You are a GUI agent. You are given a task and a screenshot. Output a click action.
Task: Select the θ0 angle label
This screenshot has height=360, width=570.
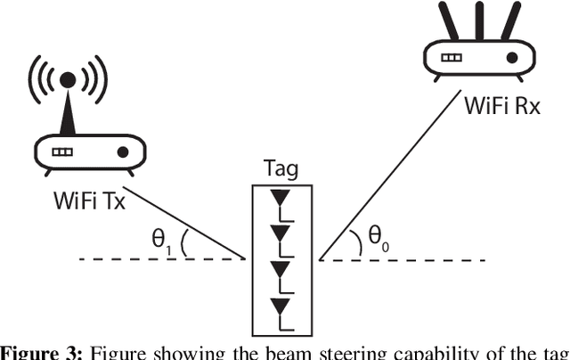pyautogui.click(x=380, y=238)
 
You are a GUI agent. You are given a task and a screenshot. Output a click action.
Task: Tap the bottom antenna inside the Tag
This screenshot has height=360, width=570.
pyautogui.click(x=281, y=308)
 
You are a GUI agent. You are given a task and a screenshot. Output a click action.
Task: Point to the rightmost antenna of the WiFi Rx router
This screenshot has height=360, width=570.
pyautogui.click(x=515, y=20)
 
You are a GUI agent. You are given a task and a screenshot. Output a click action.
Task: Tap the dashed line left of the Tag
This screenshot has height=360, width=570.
pyautogui.click(x=160, y=259)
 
